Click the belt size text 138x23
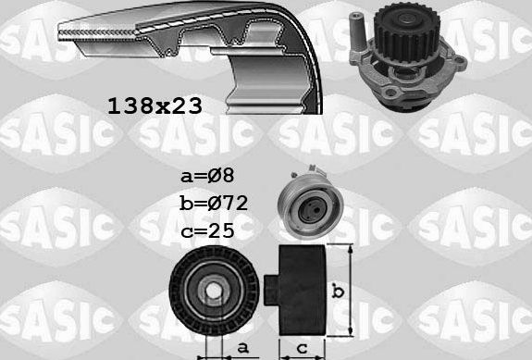tap(155, 105)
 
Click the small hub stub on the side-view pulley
tap(270, 289)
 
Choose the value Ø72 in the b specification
tap(229, 202)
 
